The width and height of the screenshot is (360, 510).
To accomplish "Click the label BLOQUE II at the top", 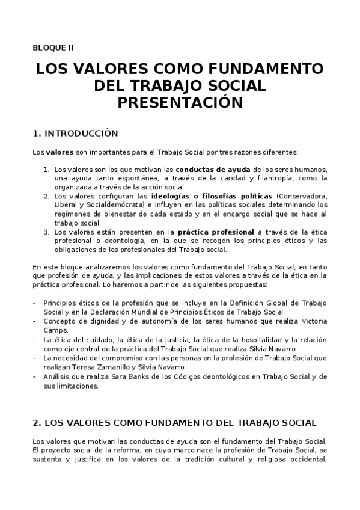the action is (x=53, y=47).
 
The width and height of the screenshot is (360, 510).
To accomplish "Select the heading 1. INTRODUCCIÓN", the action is (x=75, y=133).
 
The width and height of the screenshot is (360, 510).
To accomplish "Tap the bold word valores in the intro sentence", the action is (x=59, y=152).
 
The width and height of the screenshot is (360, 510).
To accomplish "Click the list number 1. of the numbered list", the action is (x=46, y=169).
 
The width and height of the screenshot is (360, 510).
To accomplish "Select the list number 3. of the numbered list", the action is (x=46, y=231).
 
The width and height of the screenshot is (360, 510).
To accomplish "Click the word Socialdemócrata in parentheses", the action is (x=107, y=205).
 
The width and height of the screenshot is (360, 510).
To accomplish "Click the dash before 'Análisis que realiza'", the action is (x=34, y=376).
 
